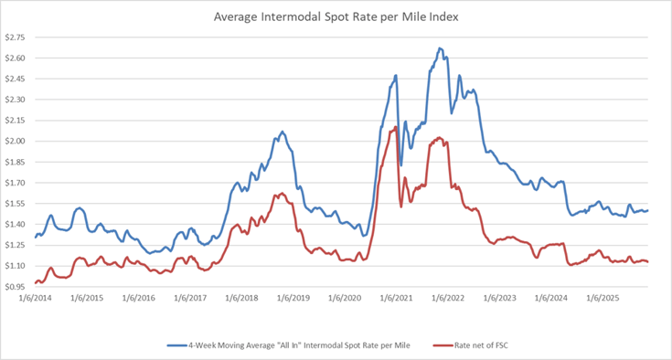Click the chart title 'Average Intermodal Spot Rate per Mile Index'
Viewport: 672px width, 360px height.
point(336,16)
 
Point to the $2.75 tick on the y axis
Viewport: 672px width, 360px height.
point(16,37)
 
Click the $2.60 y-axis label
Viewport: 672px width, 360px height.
point(16,58)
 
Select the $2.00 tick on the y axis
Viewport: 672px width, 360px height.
point(16,141)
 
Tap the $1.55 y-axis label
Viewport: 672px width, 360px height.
point(16,203)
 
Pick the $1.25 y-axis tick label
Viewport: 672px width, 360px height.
point(16,245)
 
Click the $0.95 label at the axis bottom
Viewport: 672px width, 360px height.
point(16,286)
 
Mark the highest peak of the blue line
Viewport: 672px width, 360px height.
point(440,48)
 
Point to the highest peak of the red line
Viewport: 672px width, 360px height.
point(395,127)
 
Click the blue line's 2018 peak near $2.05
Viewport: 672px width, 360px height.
point(282,132)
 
